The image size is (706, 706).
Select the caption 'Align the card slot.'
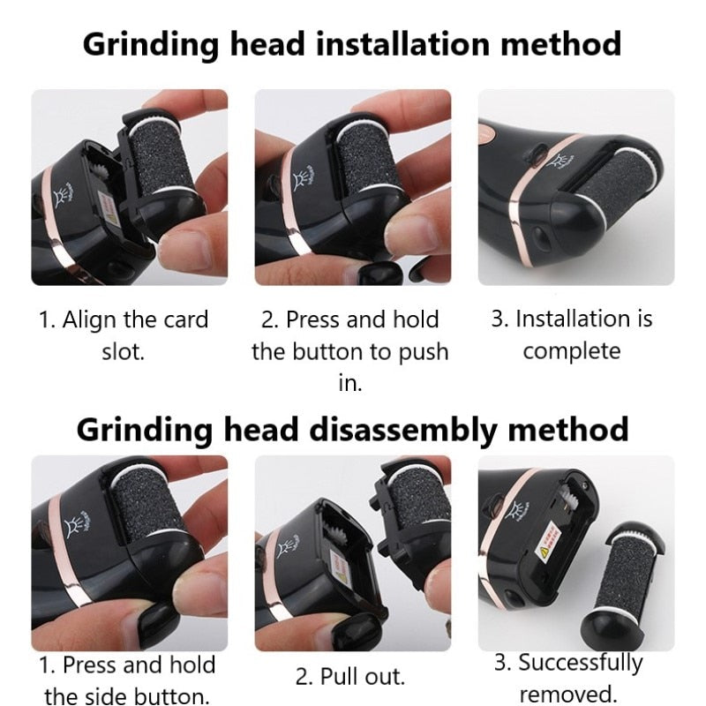click(x=123, y=335)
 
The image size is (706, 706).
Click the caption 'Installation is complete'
click(x=571, y=334)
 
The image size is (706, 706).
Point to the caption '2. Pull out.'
click(x=349, y=677)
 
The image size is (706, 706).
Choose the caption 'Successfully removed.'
click(x=568, y=677)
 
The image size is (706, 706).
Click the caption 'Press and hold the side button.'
click(x=127, y=680)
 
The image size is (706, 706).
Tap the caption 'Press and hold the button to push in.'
click(x=349, y=351)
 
